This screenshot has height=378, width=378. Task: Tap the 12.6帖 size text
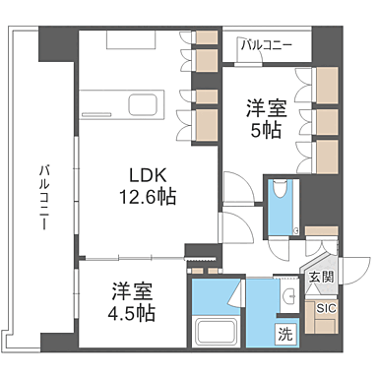coord(142,197)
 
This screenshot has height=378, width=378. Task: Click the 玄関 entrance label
coord(320,279)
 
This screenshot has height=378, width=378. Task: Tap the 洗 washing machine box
coord(284,333)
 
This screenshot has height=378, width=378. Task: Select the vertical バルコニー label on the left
coord(44,197)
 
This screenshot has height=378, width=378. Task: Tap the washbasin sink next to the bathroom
coord(291,297)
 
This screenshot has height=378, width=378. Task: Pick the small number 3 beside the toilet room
coord(296,232)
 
